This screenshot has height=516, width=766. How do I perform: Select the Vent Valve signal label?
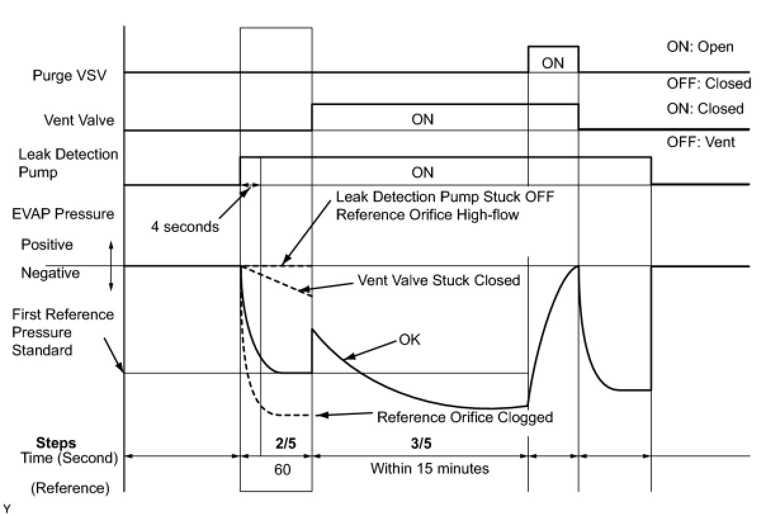pyautogui.click(x=79, y=119)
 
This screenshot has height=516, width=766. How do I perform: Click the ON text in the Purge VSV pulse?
pyautogui.click(x=553, y=63)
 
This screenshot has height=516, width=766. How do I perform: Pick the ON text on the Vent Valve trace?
pyautogui.click(x=422, y=119)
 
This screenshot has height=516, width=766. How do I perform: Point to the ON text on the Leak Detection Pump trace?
pyautogui.click(x=422, y=172)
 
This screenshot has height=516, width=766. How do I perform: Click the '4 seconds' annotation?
pyautogui.click(x=185, y=226)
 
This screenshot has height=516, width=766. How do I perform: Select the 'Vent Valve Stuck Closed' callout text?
pyautogui.click(x=439, y=280)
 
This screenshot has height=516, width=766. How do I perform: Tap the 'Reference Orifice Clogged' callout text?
pyautogui.click(x=465, y=417)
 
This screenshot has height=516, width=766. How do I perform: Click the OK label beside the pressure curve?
pyautogui.click(x=409, y=340)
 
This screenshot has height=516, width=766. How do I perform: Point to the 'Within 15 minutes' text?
pyautogui.click(x=429, y=469)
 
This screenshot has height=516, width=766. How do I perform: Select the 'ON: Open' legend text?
pyautogui.click(x=700, y=47)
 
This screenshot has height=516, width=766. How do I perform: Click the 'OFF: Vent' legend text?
pyautogui.click(x=701, y=142)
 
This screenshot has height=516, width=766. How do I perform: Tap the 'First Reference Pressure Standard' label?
pyautogui.click(x=63, y=332)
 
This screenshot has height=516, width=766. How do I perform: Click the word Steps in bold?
pyautogui.click(x=56, y=442)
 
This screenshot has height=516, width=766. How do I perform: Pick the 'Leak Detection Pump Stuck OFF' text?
pyautogui.click(x=445, y=197)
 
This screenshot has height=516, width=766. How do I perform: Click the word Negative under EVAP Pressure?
pyautogui.click(x=51, y=273)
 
